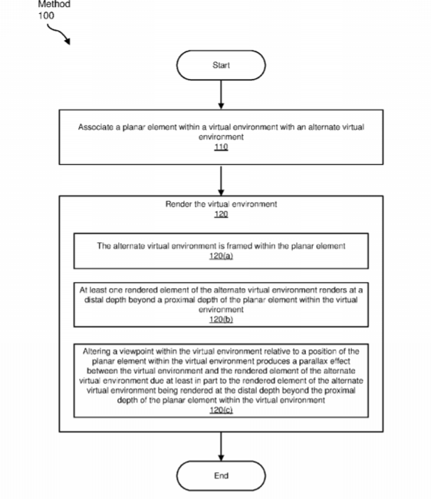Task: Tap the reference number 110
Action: [x=221, y=147]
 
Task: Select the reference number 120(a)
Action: [x=221, y=256]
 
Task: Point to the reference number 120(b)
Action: [x=221, y=319]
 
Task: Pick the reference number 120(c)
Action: [x=221, y=410]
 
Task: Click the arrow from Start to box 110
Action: [x=221, y=94]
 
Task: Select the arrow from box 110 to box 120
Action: [x=221, y=180]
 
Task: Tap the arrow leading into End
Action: [x=221, y=446]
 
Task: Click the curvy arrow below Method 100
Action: [x=59, y=34]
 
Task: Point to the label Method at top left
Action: [x=54, y=4]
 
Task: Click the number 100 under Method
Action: [x=46, y=15]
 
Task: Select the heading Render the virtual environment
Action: [x=221, y=204]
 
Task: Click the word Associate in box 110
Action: [x=96, y=127]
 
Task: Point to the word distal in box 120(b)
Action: [x=94, y=300]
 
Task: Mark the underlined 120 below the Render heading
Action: [x=221, y=214]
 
